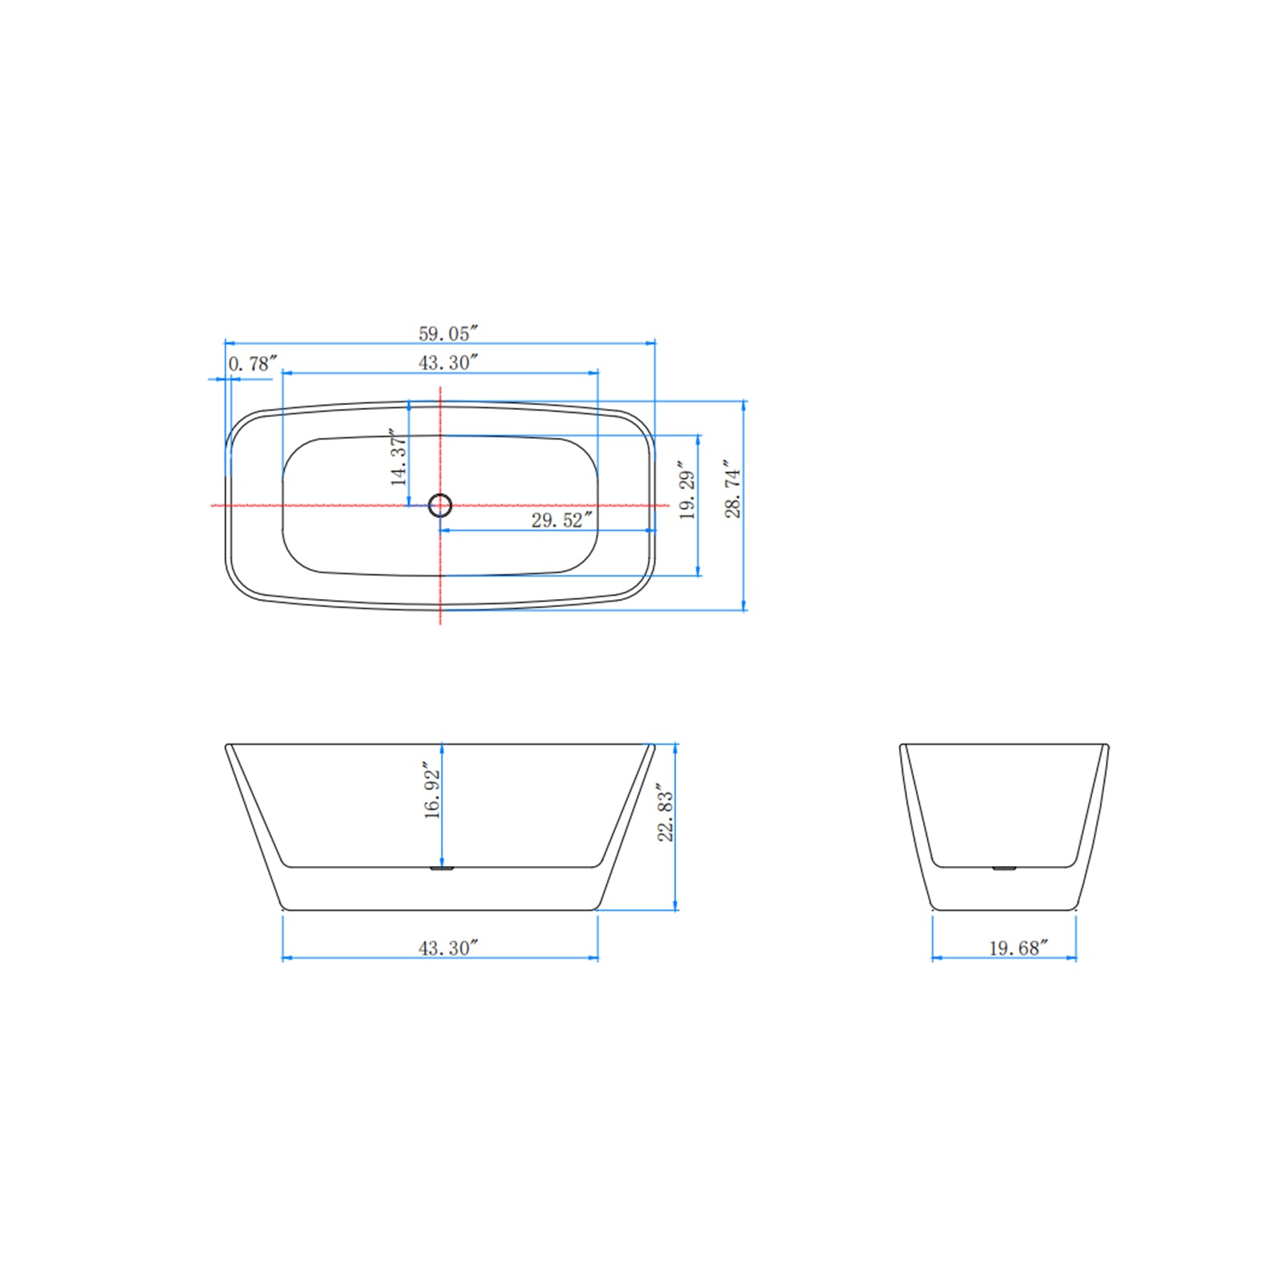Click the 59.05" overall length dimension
[x=447, y=334]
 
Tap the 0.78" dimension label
[x=252, y=364]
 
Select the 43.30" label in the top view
[x=447, y=362]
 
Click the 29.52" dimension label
[x=561, y=520]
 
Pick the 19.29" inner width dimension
[x=687, y=491]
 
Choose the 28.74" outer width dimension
[x=733, y=489]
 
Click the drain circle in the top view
[x=440, y=505]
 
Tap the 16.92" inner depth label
[x=432, y=791]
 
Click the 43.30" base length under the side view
[x=447, y=948]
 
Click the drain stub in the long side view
[x=442, y=868]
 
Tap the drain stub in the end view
[x=1004, y=868]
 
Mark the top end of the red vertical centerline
[x=440, y=388]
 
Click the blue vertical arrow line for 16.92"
[x=443, y=834]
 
